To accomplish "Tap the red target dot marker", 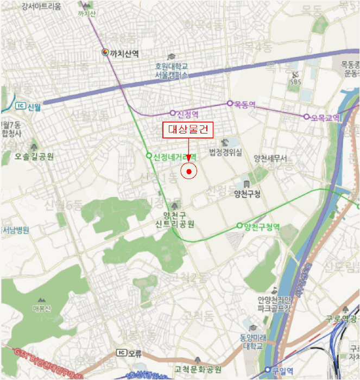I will [x=188, y=172].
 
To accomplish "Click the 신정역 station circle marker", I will [x=173, y=113].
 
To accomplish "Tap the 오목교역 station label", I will [x=325, y=117].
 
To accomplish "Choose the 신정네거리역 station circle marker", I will [x=149, y=156].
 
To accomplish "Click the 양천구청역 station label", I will [x=262, y=226].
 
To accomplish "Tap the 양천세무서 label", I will [x=270, y=159].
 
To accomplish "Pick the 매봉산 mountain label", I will [x=41, y=309].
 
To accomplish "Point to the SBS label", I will [x=295, y=82].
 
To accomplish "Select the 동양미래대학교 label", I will [x=251, y=341].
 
